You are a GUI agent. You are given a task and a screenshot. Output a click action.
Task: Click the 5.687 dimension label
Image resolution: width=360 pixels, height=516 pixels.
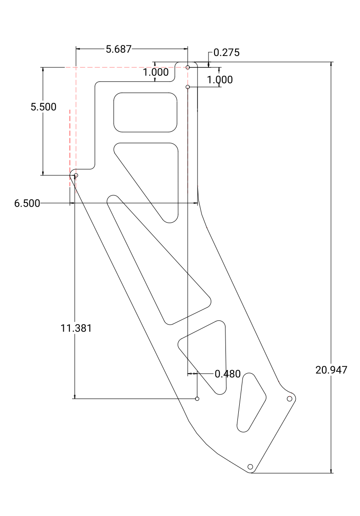(x=118, y=49)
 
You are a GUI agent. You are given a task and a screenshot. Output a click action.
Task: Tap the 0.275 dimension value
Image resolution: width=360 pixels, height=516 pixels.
(x=227, y=52)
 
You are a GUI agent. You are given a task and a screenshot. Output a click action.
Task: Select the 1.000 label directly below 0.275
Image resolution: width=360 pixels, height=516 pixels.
(x=220, y=79)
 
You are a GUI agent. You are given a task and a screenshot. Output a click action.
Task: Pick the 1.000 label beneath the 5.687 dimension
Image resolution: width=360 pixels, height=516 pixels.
(x=156, y=72)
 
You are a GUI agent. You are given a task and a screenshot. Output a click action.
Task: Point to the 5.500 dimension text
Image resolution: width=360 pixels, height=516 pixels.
(x=44, y=107)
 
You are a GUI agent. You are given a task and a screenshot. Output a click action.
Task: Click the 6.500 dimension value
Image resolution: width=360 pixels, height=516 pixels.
(x=27, y=203)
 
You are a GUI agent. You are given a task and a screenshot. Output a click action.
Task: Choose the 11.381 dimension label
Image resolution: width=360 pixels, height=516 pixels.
(x=76, y=328)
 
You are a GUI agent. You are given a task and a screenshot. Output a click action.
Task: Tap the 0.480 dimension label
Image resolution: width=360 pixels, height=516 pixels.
(x=228, y=374)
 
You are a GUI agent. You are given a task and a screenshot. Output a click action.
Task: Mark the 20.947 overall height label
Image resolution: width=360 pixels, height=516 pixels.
(x=332, y=370)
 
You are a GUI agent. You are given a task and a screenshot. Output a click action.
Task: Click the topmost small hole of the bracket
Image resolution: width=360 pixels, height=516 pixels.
(x=187, y=67)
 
